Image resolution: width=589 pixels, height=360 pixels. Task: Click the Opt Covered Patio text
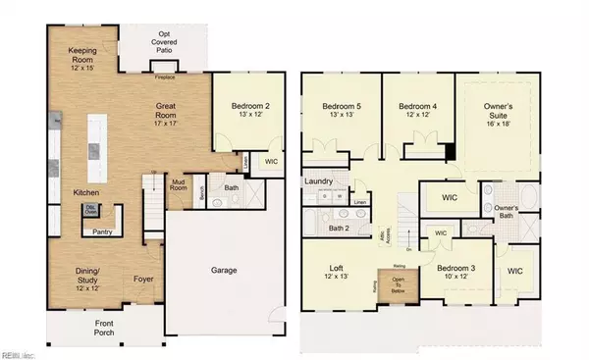coord(166,44)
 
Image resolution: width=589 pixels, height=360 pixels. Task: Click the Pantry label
coord(101,232)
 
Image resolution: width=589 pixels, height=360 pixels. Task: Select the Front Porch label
coord(104,328)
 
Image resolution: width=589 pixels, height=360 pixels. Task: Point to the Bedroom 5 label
coord(337,108)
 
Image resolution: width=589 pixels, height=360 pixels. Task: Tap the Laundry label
coord(321,181)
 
